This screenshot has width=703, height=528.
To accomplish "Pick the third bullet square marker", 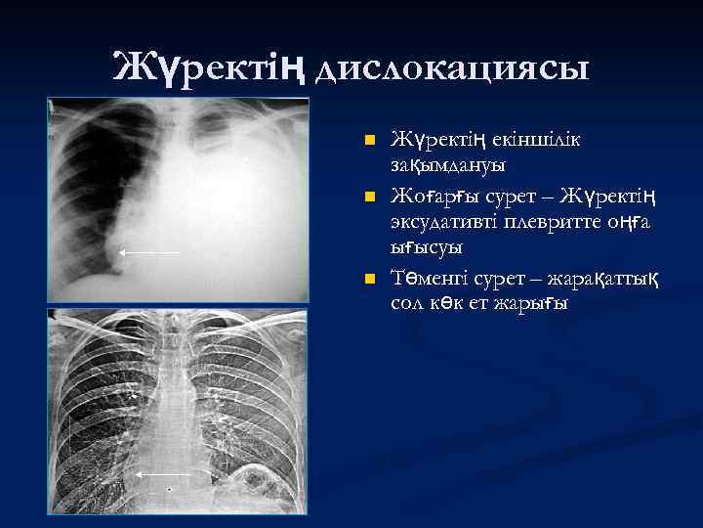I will (368, 281).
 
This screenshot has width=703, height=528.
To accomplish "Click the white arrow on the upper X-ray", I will (148, 252).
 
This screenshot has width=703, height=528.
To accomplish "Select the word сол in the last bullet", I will (407, 304).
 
